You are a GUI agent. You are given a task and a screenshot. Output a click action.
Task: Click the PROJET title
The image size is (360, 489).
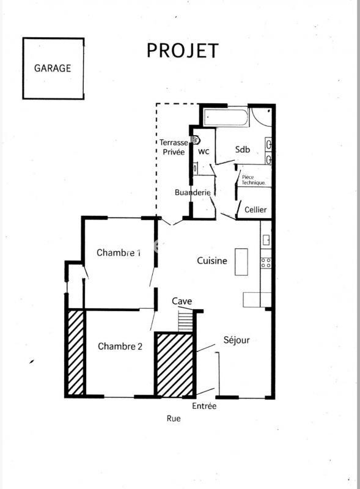pos(182,51)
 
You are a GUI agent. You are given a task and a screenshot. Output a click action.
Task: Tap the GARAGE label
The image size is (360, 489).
pos(52,68)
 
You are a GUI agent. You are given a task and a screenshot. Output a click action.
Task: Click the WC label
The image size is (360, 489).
pos(204,151)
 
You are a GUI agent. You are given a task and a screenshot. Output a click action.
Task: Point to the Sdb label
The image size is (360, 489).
pos(242,150)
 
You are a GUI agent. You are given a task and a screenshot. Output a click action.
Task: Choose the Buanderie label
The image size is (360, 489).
pos(193,193)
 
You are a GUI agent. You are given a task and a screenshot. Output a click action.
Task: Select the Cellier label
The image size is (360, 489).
pos(255,210)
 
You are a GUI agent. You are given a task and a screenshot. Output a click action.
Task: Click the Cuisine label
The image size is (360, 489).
pos(212,260)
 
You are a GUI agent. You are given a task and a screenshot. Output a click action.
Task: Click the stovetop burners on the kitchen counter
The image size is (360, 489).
pos(266,263)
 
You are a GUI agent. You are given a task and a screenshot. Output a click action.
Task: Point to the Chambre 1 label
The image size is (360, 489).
pos(119,252)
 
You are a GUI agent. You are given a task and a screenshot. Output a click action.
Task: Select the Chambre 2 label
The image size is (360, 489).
pos(120,346)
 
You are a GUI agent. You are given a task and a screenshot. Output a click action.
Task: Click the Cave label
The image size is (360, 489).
pos(182,301)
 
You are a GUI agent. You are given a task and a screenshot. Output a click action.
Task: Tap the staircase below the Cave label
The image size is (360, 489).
pos(185,321)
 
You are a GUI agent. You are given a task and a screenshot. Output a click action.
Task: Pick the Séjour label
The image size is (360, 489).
pos(236,340)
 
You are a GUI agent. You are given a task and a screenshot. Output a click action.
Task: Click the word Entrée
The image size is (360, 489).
pos(204,405)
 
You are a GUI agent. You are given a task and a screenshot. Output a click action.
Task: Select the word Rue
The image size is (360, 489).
pos(174,419)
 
